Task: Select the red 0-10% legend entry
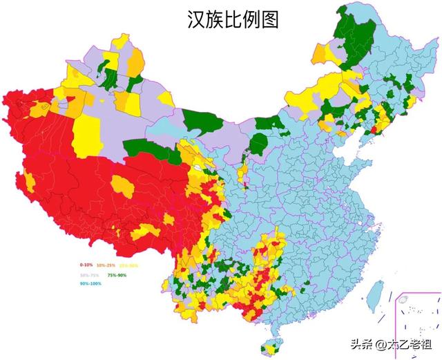pyautogui.click(x=86, y=265)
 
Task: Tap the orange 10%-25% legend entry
pyautogui.click(x=106, y=265)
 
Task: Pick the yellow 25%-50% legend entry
pyautogui.click(x=129, y=265)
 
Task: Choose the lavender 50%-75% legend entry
pyautogui.click(x=89, y=274)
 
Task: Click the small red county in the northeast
pyautogui.click(x=374, y=129)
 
